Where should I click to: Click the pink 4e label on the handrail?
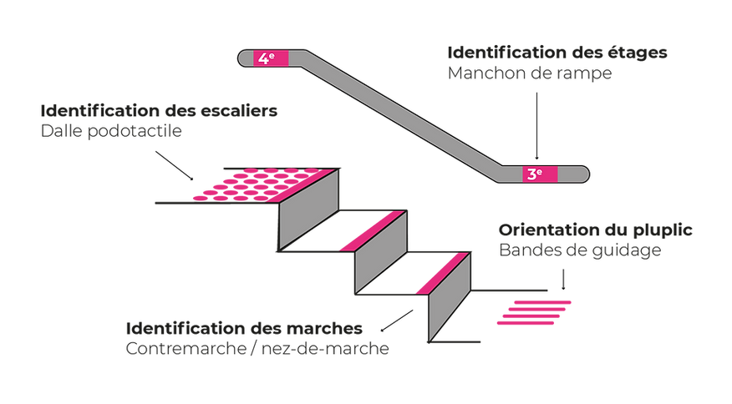(x=266, y=58)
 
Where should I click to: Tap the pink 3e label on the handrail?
(x=534, y=174)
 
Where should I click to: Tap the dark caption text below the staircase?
(x=259, y=338)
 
